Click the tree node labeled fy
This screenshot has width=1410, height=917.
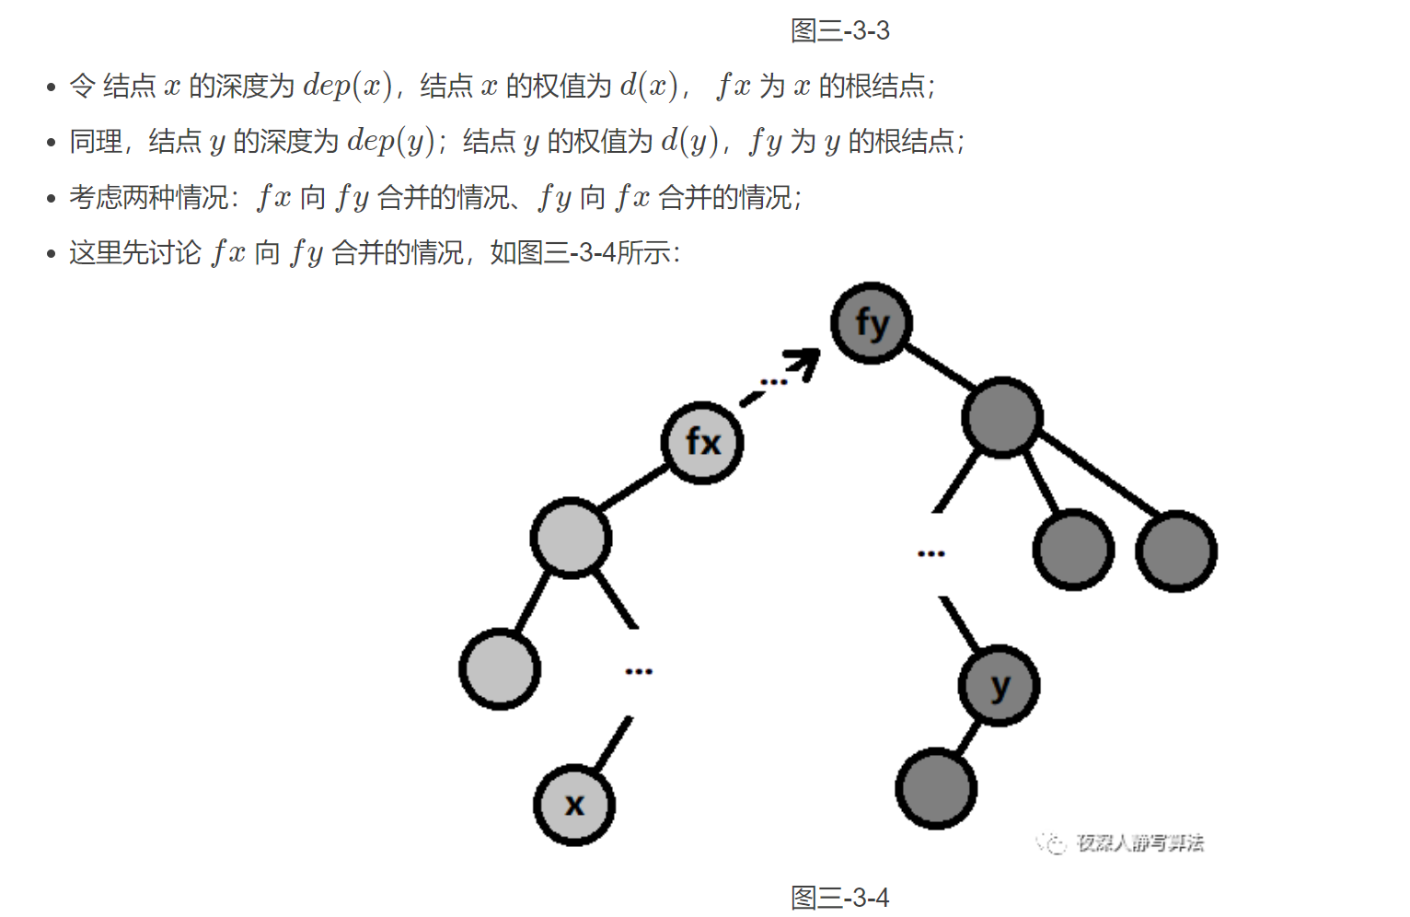[x=871, y=323]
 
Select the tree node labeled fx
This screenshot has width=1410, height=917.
[x=702, y=443]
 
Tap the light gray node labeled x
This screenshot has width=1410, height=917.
[x=574, y=805]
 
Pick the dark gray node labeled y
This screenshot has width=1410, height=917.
[x=999, y=686]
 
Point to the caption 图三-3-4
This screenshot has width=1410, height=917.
[x=839, y=898]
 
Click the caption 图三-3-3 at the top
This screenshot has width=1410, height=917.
[x=839, y=30]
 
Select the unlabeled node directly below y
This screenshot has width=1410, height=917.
[x=936, y=788]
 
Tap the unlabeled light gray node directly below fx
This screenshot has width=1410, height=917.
[x=571, y=538]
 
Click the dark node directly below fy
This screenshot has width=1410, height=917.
[x=1001, y=417]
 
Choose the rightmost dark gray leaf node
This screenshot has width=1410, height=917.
[x=1175, y=551]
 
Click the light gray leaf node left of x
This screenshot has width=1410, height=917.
[x=500, y=668]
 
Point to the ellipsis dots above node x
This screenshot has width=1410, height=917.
[x=639, y=671]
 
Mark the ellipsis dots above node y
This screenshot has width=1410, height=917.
[x=930, y=553]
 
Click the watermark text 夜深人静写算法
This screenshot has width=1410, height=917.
[x=1139, y=842]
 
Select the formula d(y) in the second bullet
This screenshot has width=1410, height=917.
[x=688, y=141]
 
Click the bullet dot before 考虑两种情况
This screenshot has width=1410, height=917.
[x=52, y=199]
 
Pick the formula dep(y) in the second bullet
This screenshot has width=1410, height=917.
[x=390, y=141]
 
